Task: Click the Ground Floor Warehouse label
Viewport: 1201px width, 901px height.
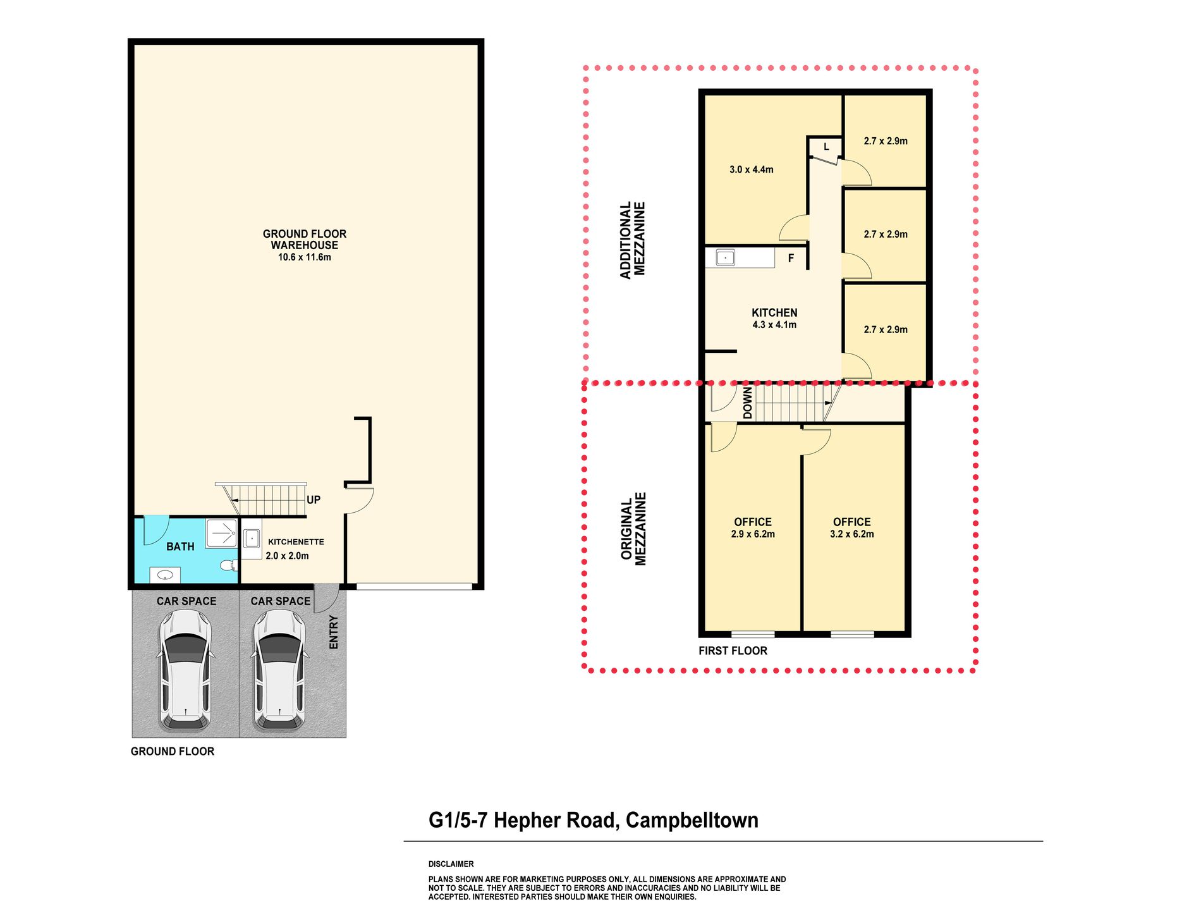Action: coord(305,239)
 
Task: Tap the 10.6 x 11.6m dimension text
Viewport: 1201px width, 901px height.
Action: coord(305,257)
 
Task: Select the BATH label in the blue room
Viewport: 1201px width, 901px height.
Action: coord(180,546)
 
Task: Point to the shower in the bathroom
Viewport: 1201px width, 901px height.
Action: coord(221,534)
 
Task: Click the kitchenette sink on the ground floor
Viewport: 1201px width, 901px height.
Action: coord(252,539)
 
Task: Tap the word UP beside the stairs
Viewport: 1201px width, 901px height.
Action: coord(314,500)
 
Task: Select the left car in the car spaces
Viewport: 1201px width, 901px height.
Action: coord(185,670)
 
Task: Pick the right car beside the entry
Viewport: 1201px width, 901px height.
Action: coord(279,670)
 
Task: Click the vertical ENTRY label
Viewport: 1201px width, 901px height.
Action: coord(334,632)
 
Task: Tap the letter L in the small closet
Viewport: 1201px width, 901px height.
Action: coord(826,147)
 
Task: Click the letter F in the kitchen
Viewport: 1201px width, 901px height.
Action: coord(791,258)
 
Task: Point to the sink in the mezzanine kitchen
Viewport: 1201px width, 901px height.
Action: coord(725,257)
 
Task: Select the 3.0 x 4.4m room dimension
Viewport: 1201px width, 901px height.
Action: coord(751,169)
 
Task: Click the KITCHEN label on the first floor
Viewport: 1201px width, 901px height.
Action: coord(774,312)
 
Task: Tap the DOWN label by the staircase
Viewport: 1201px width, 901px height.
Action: coord(748,403)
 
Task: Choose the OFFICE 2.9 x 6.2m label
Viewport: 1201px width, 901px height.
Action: coord(753,527)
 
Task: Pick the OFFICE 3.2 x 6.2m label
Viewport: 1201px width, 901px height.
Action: coord(852,527)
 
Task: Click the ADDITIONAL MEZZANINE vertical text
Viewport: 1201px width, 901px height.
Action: coord(632,240)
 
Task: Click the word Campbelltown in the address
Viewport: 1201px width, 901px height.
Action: coord(692,820)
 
